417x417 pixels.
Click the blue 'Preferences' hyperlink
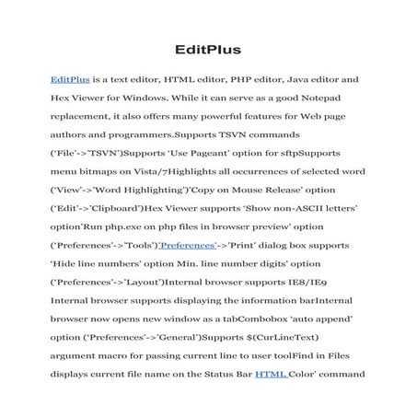tap(188, 248)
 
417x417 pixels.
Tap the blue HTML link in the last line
tap(272, 375)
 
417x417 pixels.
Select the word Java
tap(305, 81)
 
